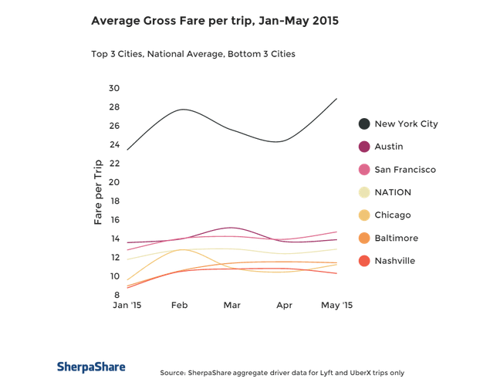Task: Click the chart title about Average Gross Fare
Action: point(215,21)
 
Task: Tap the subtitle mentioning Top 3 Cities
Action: point(193,54)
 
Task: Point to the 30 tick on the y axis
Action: point(114,88)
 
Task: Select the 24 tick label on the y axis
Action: point(114,144)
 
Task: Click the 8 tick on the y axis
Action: point(117,295)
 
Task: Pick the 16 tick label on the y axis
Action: point(115,220)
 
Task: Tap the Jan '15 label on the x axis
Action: point(127,305)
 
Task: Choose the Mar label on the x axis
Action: point(231,305)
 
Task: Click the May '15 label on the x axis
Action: point(336,306)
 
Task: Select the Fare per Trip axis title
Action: point(98,192)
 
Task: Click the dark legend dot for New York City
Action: point(364,123)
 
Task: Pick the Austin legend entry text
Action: point(389,147)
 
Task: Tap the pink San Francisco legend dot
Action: point(364,169)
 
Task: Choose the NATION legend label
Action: point(393,192)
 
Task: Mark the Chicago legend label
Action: point(393,215)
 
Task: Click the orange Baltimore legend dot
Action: point(364,238)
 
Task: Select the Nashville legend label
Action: point(395,261)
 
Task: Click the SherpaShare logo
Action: point(91,367)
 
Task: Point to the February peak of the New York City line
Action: point(184,110)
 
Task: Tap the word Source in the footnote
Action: point(173,373)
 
